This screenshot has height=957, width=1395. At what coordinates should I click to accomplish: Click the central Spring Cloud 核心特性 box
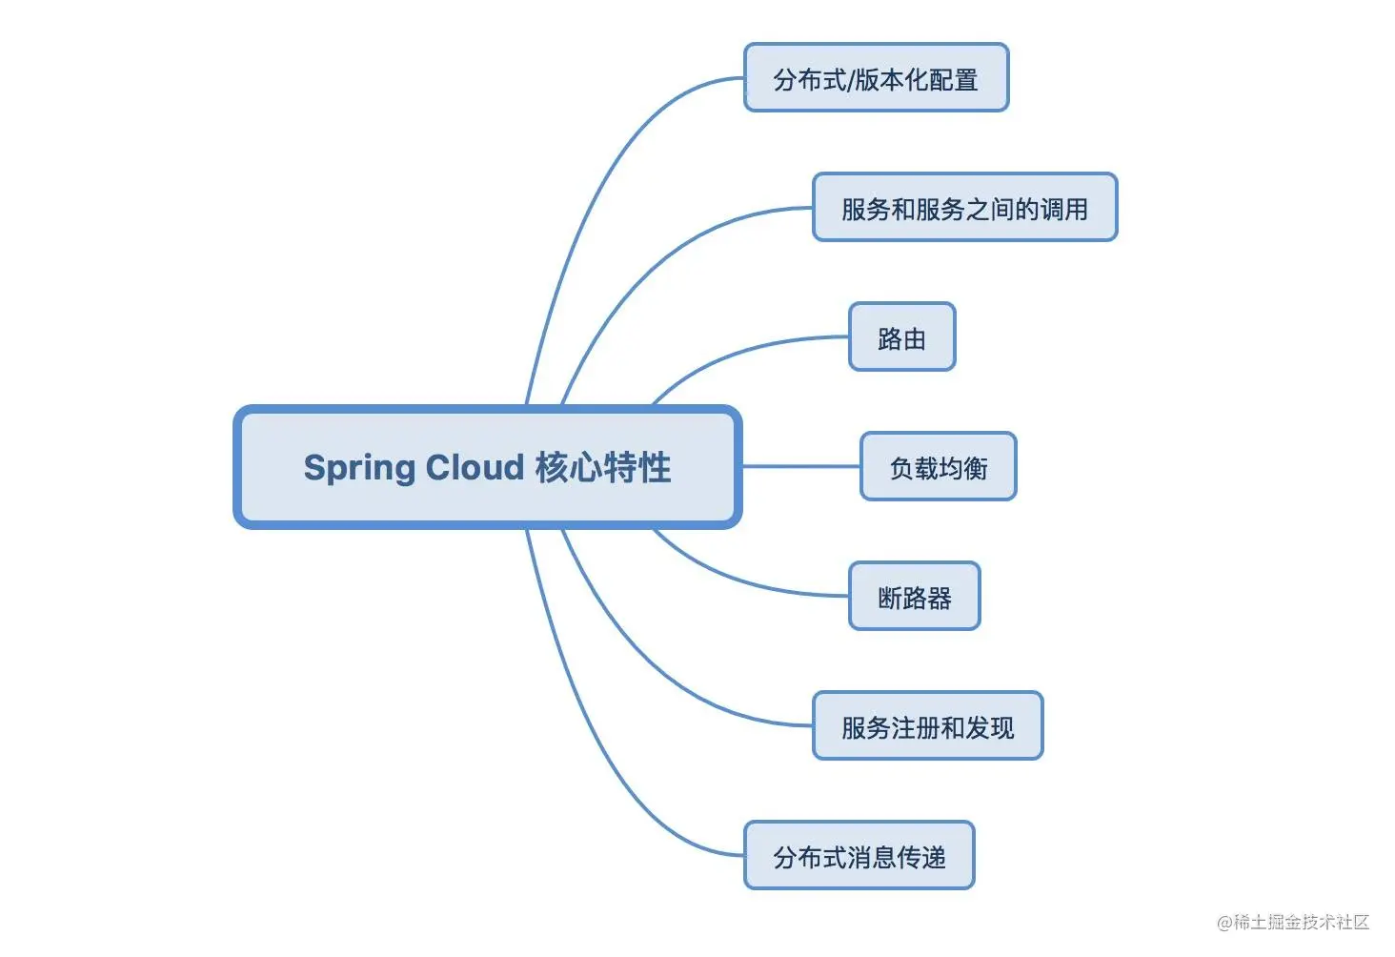click(487, 467)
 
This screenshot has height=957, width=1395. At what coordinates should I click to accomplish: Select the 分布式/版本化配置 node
click(876, 78)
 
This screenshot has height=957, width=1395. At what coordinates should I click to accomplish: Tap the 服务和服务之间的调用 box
click(964, 208)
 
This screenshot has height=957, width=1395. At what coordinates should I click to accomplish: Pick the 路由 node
click(901, 337)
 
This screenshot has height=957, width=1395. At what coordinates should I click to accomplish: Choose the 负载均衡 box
click(938, 467)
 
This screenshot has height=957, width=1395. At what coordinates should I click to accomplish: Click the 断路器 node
click(914, 597)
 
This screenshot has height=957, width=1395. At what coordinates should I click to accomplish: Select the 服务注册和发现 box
click(927, 726)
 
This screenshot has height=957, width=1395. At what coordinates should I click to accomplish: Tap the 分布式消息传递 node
click(859, 856)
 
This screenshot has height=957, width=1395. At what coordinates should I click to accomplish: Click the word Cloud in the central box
click(475, 467)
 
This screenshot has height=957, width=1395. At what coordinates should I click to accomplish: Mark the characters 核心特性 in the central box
click(602, 467)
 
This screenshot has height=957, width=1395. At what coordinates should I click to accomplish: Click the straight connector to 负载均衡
click(800, 466)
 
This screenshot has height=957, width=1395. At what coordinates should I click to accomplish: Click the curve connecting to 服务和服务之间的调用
click(667, 257)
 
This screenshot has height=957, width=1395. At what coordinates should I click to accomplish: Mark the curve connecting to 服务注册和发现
click(667, 677)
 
